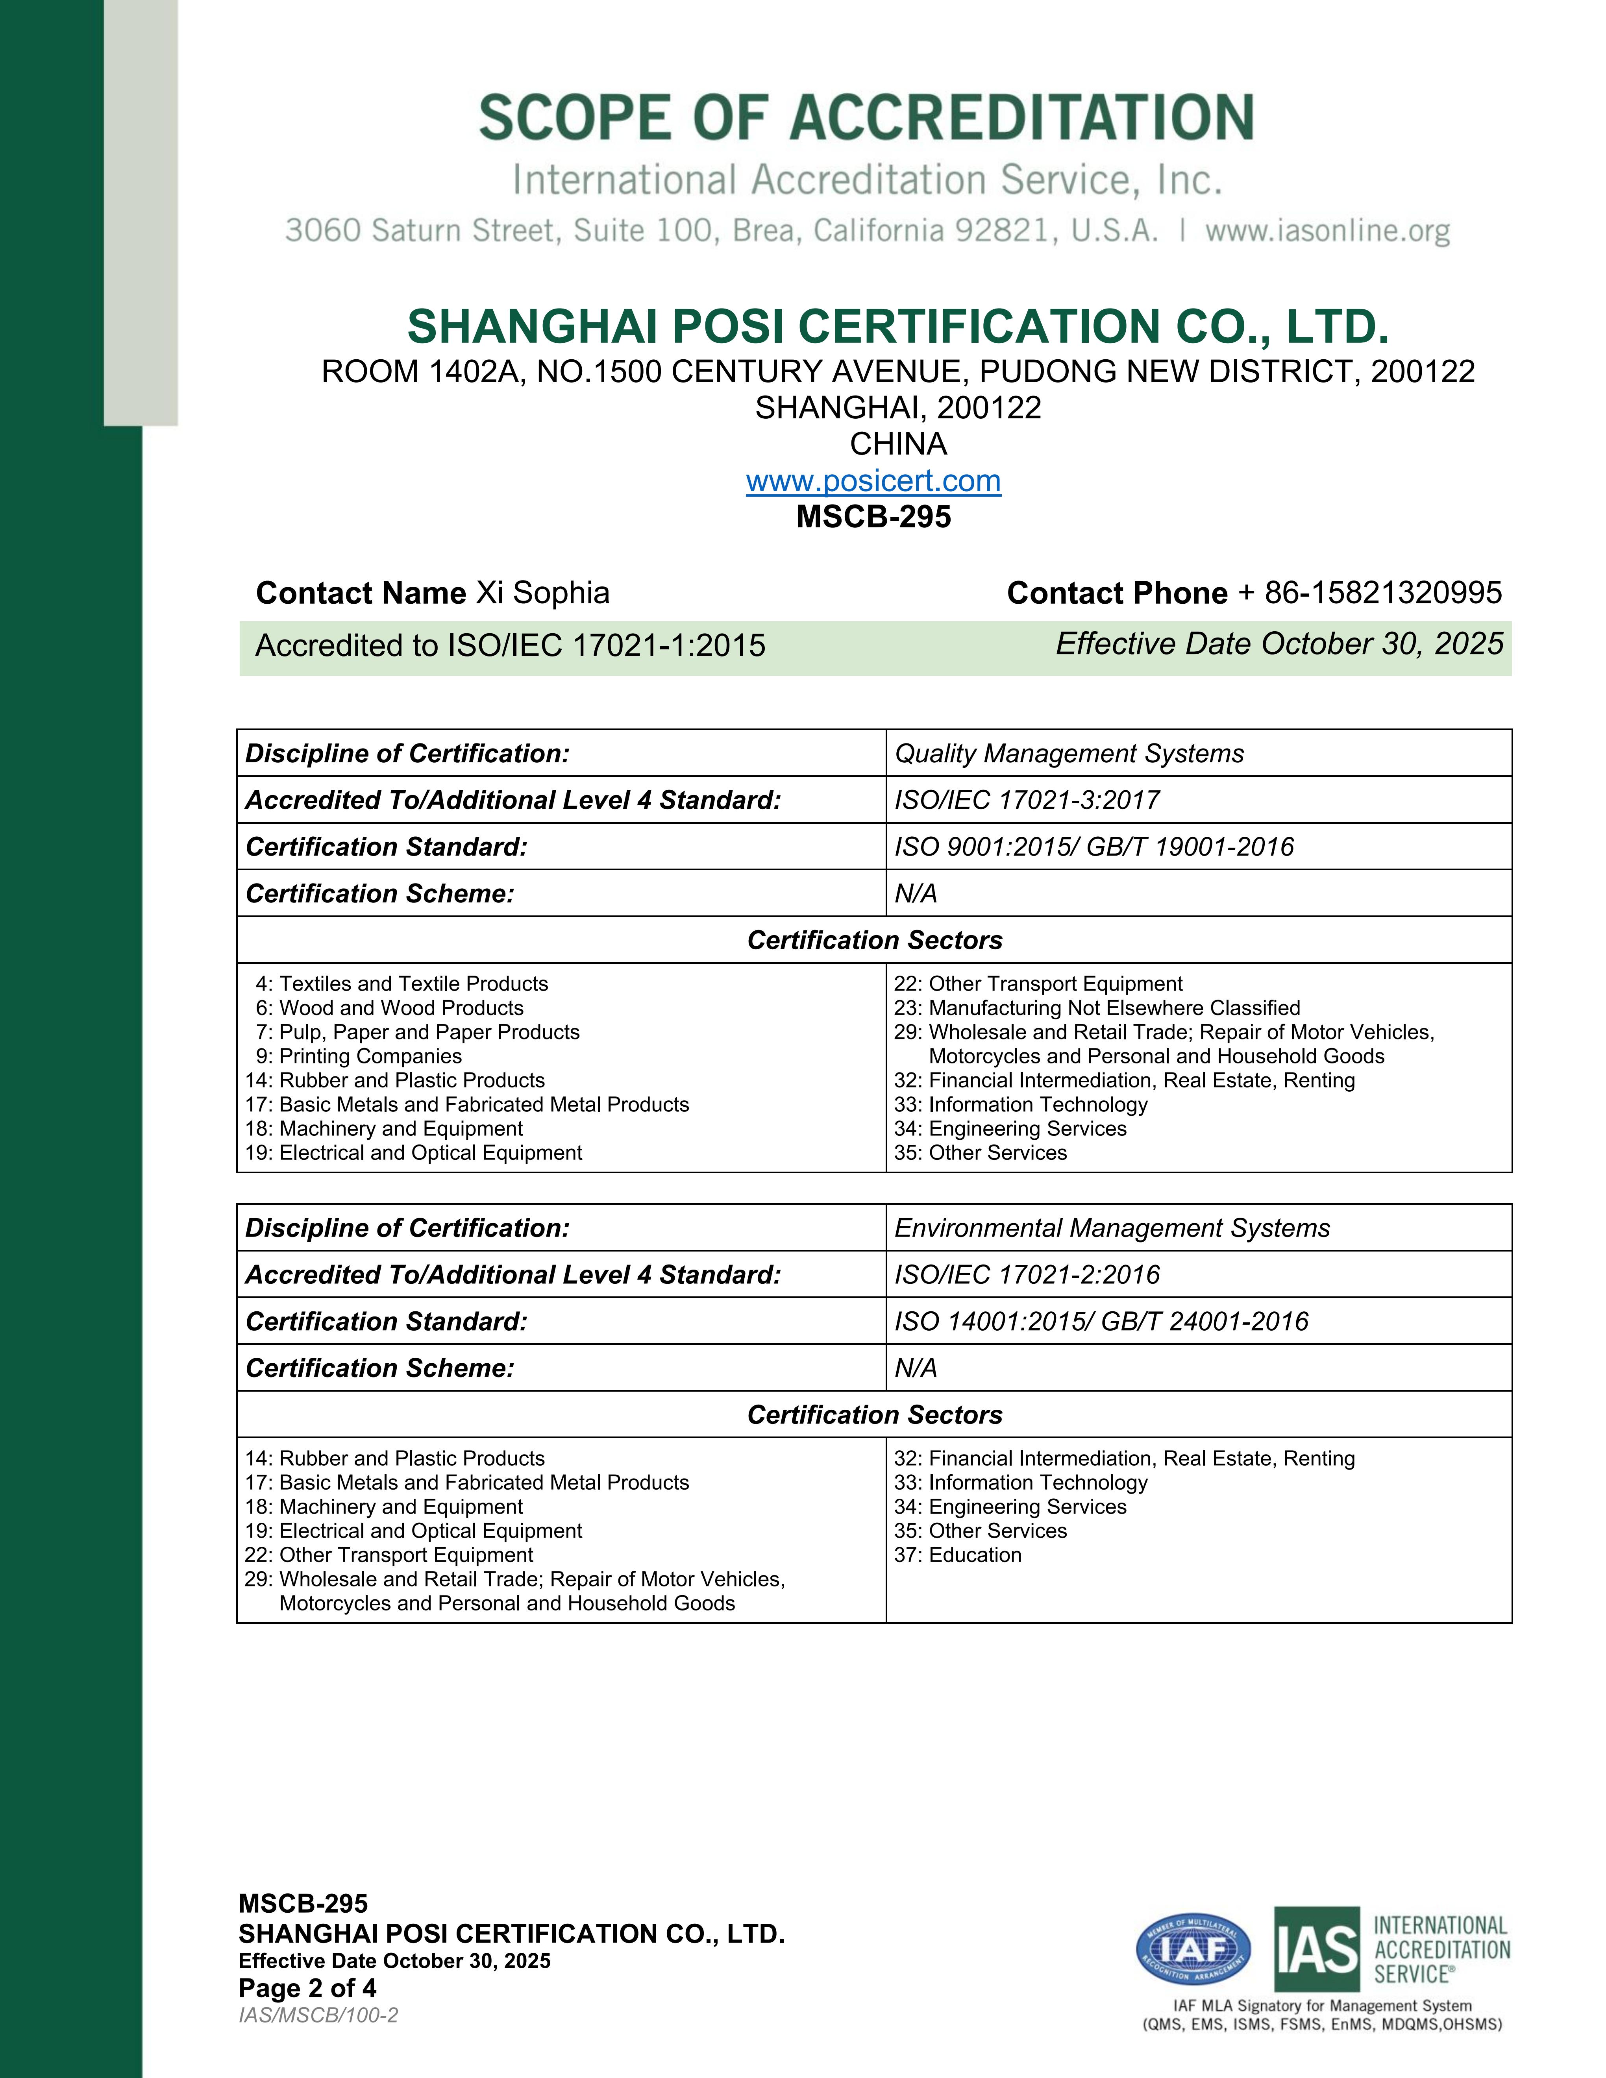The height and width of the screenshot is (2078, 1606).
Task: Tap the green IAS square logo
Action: coord(1317,1950)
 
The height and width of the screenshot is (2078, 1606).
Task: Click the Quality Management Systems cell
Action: coord(1068,754)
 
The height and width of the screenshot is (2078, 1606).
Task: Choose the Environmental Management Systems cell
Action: coord(1111,1228)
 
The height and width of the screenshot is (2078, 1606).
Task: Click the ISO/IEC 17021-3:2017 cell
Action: coord(1027,800)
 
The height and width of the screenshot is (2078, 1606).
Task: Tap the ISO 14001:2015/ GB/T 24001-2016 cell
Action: coord(1101,1322)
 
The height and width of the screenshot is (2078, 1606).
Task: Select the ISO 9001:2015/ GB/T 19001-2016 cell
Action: coord(1094,847)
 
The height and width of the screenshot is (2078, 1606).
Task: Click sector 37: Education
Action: coord(957,1555)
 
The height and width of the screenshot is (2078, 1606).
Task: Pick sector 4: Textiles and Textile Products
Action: coord(401,984)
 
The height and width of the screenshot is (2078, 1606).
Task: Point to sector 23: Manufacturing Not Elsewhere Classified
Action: coord(1096,1008)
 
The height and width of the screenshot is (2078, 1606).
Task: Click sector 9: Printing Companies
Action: coord(359,1056)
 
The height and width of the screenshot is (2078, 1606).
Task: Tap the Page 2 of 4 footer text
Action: coord(307,1989)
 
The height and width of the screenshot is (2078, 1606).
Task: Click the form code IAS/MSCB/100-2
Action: coord(318,2015)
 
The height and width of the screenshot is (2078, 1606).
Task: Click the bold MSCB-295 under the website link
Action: coord(873,517)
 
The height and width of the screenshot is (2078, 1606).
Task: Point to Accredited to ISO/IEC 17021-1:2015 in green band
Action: coord(510,646)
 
